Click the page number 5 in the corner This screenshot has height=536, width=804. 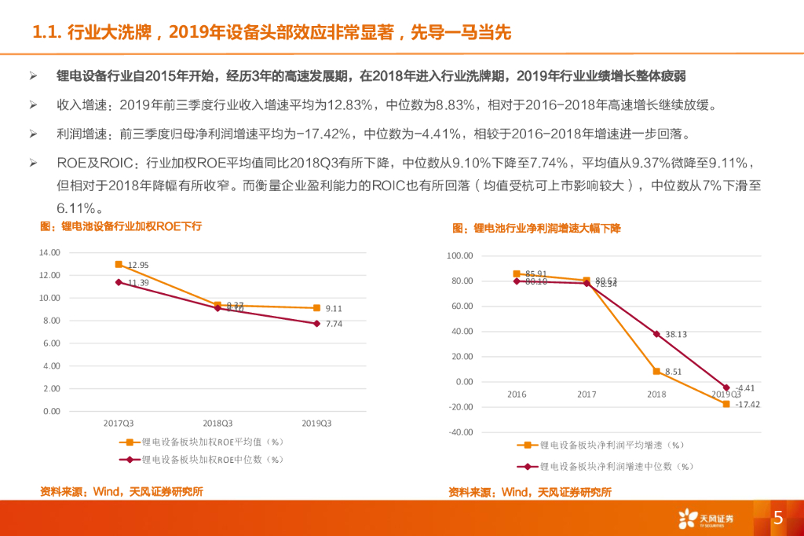tap(778, 517)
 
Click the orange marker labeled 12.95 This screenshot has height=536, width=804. tap(119, 264)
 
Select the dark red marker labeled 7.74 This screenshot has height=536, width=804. tap(316, 323)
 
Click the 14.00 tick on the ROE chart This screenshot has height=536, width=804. tap(49, 252)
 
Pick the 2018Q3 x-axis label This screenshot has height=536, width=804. tap(217, 423)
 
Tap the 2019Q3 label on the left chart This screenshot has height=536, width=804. tap(316, 423)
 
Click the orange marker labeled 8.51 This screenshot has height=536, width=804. tap(656, 371)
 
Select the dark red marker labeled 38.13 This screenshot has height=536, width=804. tap(656, 334)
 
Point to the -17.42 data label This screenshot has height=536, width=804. tap(747, 404)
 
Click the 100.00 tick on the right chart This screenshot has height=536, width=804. tap(459, 256)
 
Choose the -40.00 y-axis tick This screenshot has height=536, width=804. tap(461, 432)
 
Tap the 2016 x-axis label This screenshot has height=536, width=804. tap(517, 394)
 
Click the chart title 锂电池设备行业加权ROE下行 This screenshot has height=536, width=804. tap(121, 226)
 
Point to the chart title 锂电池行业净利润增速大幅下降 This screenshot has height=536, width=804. tap(536, 228)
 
